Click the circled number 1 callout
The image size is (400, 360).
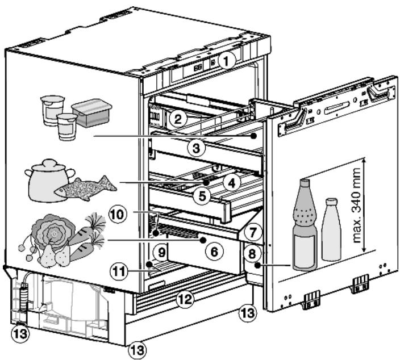pyautogui.click(x=226, y=61)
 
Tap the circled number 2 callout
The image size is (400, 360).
pyautogui.click(x=178, y=119)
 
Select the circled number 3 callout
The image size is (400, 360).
pyautogui.click(x=196, y=148)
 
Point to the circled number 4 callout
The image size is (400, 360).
pyautogui.click(x=231, y=182)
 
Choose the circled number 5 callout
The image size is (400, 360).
pyautogui.click(x=202, y=196)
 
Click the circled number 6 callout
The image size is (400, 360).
pyautogui.click(x=214, y=252)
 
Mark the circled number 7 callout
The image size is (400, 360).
pyautogui.click(x=252, y=232)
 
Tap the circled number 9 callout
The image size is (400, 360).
pyautogui.click(x=162, y=253)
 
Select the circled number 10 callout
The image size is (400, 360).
pyautogui.click(x=118, y=215)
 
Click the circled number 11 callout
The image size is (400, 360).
pyautogui.click(x=119, y=271)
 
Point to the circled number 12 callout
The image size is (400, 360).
pyautogui.click(x=185, y=298)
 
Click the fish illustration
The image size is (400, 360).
pyautogui.click(x=85, y=189)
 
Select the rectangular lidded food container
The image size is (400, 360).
pyautogui.click(x=92, y=113)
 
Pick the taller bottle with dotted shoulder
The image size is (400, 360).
pyautogui.click(x=305, y=225)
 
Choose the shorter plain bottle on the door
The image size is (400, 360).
pyautogui.click(x=331, y=229)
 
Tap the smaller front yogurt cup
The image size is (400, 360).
pyautogui.click(x=67, y=127)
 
